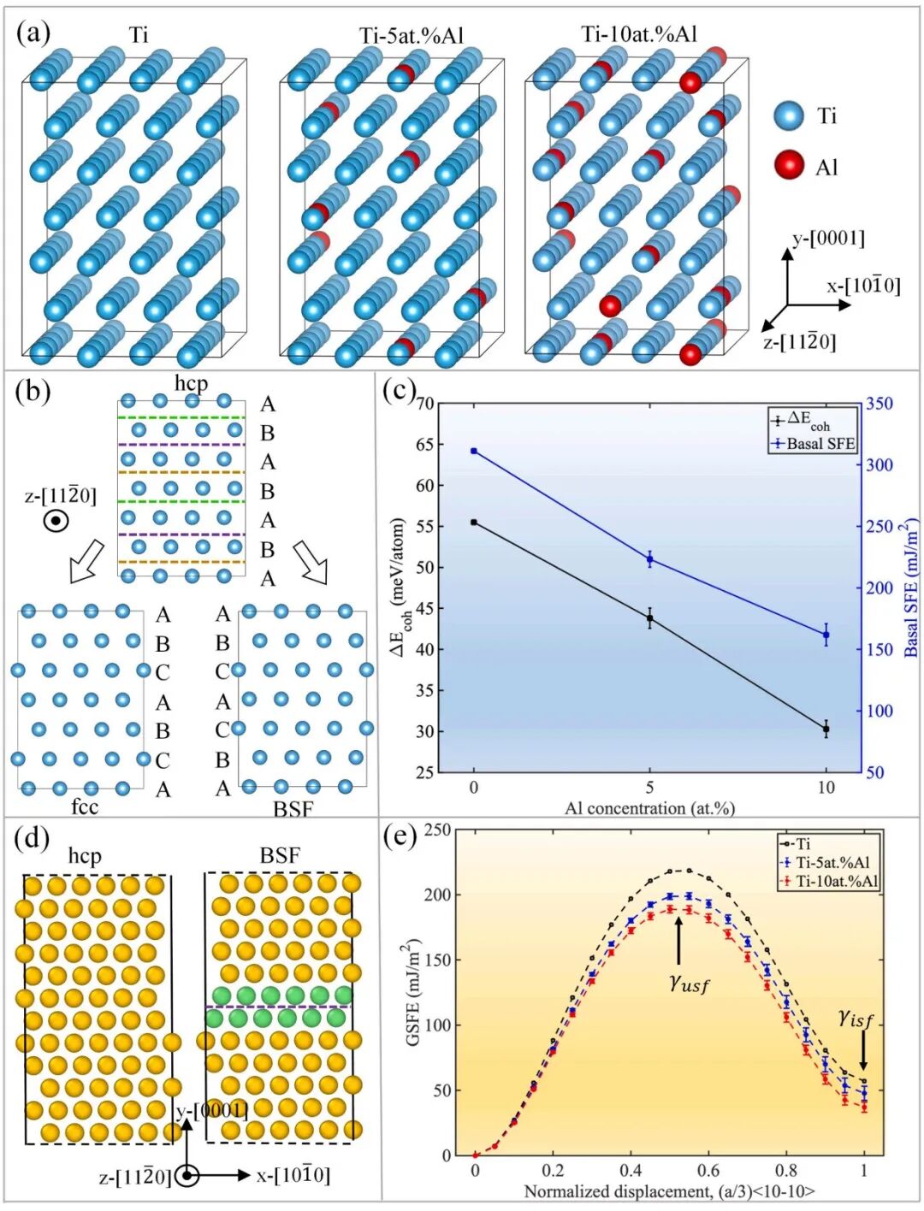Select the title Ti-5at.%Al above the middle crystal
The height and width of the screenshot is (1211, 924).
pyautogui.click(x=412, y=35)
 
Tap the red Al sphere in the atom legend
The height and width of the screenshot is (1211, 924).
pyautogui.click(x=789, y=165)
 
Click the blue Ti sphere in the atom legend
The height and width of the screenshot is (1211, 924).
pyautogui.click(x=789, y=115)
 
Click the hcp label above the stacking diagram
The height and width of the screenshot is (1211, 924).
pyautogui.click(x=190, y=382)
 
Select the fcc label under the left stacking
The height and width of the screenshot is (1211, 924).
pyautogui.click(x=85, y=806)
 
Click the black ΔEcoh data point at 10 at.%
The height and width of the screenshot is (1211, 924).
pyautogui.click(x=826, y=729)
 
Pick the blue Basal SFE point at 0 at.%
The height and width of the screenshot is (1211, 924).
pyautogui.click(x=474, y=451)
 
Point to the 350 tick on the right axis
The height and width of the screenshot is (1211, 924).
pyautogui.click(x=879, y=404)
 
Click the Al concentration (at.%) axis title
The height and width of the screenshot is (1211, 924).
pyautogui.click(x=649, y=807)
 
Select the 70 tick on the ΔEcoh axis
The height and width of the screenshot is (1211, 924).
pyautogui.click(x=424, y=403)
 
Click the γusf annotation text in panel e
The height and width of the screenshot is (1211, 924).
pyautogui.click(x=688, y=984)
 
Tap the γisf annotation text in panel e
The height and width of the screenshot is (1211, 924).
pyautogui.click(x=856, y=1018)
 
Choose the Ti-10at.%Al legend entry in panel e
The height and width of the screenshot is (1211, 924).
pyautogui.click(x=836, y=880)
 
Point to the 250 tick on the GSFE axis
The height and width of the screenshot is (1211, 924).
pyautogui.click(x=438, y=830)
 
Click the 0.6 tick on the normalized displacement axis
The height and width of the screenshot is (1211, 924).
pyautogui.click(x=708, y=1170)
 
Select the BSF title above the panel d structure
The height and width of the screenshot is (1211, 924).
pyautogui.click(x=280, y=855)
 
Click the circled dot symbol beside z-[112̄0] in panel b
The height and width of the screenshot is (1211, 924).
pyautogui.click(x=56, y=521)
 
